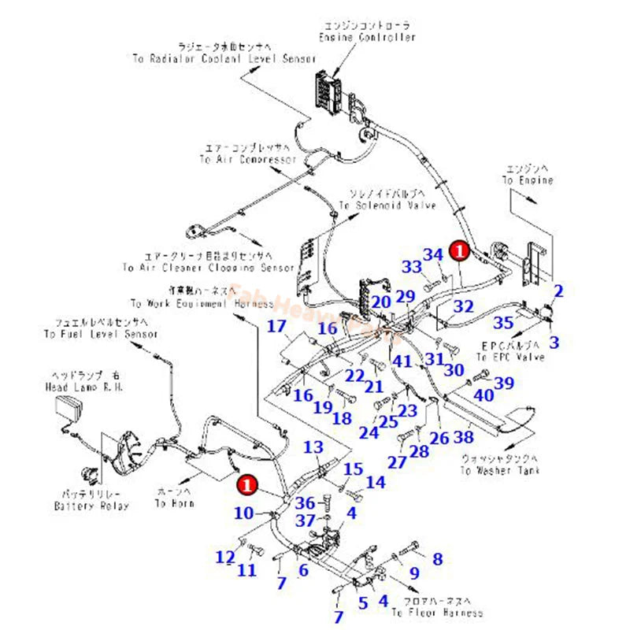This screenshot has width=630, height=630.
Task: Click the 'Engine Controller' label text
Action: coord(367,37)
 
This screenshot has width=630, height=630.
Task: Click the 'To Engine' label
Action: coord(528,180)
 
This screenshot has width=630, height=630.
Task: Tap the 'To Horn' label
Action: coord(171,502)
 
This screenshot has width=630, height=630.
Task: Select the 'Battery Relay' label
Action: coord(91,505)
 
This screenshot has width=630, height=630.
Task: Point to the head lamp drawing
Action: coord(69,409)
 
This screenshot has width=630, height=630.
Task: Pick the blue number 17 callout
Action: coord(276,327)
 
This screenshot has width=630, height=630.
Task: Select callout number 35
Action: coord(502,322)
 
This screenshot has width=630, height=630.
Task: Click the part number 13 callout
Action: coord(313,447)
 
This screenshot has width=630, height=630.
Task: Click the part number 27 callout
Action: coord(397,461)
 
